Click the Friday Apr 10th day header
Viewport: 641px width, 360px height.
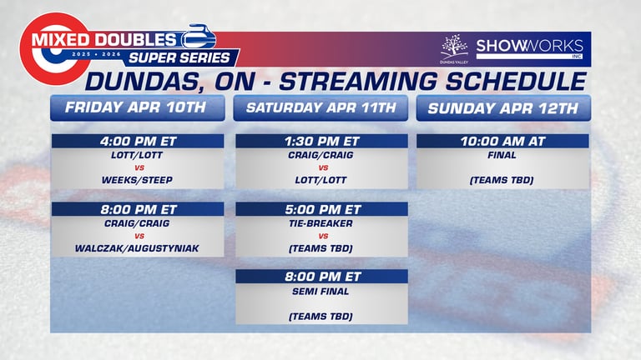[x=138, y=107]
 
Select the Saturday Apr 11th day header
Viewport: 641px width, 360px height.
[x=320, y=107]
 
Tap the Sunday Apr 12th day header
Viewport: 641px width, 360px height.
[x=503, y=107]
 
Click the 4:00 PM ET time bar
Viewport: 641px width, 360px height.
[x=138, y=141]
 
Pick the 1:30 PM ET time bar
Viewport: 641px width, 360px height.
[x=321, y=141]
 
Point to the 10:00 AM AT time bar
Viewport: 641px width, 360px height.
[x=502, y=141]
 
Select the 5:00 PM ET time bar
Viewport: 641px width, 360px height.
[x=321, y=209]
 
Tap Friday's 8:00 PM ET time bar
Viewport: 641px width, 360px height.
[x=138, y=209]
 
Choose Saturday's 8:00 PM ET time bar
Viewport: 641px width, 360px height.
[x=321, y=277]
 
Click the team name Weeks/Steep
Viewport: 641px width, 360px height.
[x=137, y=180]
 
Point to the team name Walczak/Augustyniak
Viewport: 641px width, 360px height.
[x=137, y=248]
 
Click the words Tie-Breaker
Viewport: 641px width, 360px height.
[x=320, y=223]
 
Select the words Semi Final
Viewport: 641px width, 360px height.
[x=320, y=292]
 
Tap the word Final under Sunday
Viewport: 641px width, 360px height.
[x=502, y=155]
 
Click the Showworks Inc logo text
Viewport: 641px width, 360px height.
[x=530, y=49]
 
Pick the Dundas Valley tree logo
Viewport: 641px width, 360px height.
[x=454, y=49]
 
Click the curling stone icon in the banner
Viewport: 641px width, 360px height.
[x=199, y=37]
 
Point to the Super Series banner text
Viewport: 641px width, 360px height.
[x=179, y=58]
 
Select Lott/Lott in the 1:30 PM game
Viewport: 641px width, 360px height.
[x=320, y=180]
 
